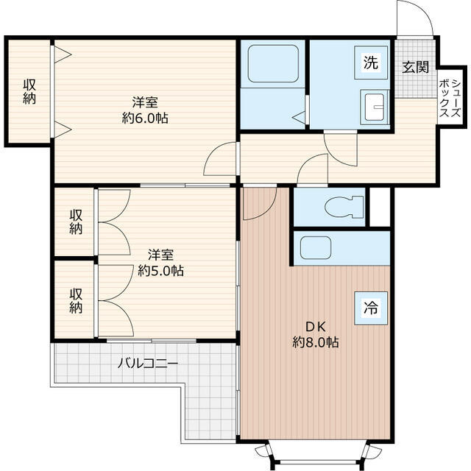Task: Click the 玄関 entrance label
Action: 415,67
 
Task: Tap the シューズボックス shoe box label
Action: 450,98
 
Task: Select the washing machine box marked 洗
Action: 371,63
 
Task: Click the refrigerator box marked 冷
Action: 371,308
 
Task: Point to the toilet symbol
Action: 344,207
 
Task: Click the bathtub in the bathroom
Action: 273,63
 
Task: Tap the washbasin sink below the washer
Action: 375,107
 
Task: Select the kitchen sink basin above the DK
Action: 316,248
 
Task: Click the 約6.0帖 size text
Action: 145,118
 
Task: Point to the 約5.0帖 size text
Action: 160,271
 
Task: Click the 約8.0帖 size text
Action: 316,341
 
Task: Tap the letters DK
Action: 316,327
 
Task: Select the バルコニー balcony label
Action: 147,364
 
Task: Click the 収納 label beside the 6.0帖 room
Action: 29,91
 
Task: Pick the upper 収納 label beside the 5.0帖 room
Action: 76,222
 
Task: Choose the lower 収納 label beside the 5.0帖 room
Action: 76,301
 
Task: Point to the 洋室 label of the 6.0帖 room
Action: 145,102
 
